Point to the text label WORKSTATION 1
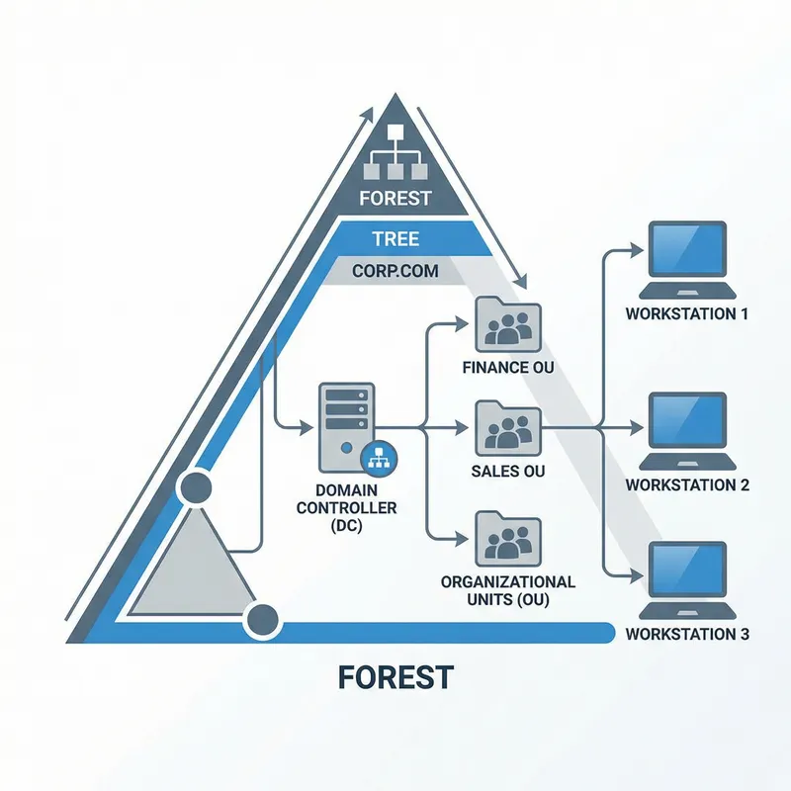687,313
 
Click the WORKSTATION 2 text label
687,485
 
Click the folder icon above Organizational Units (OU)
508,540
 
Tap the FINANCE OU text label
507,368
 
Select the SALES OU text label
508,472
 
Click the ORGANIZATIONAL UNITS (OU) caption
508,589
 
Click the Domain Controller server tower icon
345,428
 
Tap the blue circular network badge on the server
378,458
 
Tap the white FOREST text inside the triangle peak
395,197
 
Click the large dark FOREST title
395,676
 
